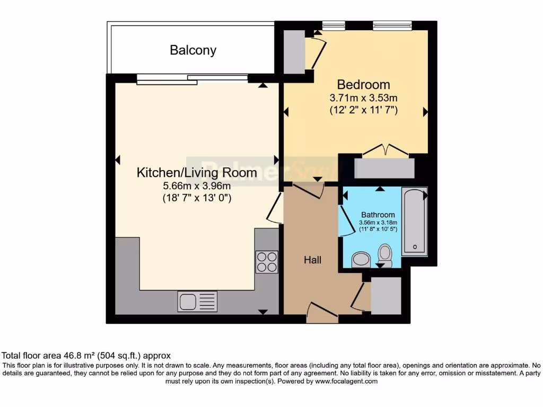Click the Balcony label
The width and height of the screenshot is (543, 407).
(x=193, y=50)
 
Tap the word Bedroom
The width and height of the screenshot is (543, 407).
(x=363, y=84)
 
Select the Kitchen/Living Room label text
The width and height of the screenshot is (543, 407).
(x=197, y=172)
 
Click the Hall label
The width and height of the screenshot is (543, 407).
(x=312, y=260)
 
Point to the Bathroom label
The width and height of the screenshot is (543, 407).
(x=378, y=215)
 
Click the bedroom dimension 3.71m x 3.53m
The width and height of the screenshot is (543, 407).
(x=363, y=98)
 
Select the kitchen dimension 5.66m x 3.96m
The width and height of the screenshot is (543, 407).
(x=197, y=185)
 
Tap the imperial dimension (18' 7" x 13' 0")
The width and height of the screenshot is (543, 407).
(x=197, y=198)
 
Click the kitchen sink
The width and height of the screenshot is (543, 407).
(x=197, y=302)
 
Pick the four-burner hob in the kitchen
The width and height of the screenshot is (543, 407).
(x=267, y=261)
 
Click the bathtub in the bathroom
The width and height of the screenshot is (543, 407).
(x=414, y=222)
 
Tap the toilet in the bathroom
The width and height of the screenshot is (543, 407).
(x=384, y=254)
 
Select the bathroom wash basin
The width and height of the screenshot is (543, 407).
(x=362, y=259)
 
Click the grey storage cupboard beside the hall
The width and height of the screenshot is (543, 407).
(x=386, y=295)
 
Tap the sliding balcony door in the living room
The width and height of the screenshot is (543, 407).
(x=192, y=79)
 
